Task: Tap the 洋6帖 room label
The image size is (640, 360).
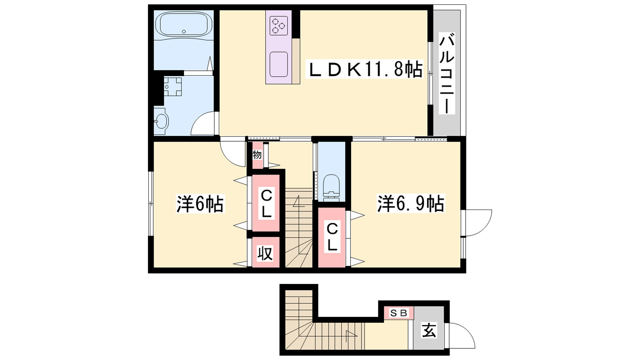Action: (200, 204)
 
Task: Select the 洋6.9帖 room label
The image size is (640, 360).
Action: (411, 204)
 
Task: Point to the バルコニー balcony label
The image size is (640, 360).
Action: (447, 73)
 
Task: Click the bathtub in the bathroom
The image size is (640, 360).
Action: (184, 25)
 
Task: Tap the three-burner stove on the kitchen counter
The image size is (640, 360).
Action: (278, 26)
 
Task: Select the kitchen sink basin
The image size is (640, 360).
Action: (278, 64)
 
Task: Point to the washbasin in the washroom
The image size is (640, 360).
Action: (161, 121)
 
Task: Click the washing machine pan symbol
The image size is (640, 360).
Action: (172, 86)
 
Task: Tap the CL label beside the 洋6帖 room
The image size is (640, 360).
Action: (266, 204)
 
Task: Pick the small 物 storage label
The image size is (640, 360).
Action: (257, 155)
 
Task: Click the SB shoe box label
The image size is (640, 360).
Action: (398, 313)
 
